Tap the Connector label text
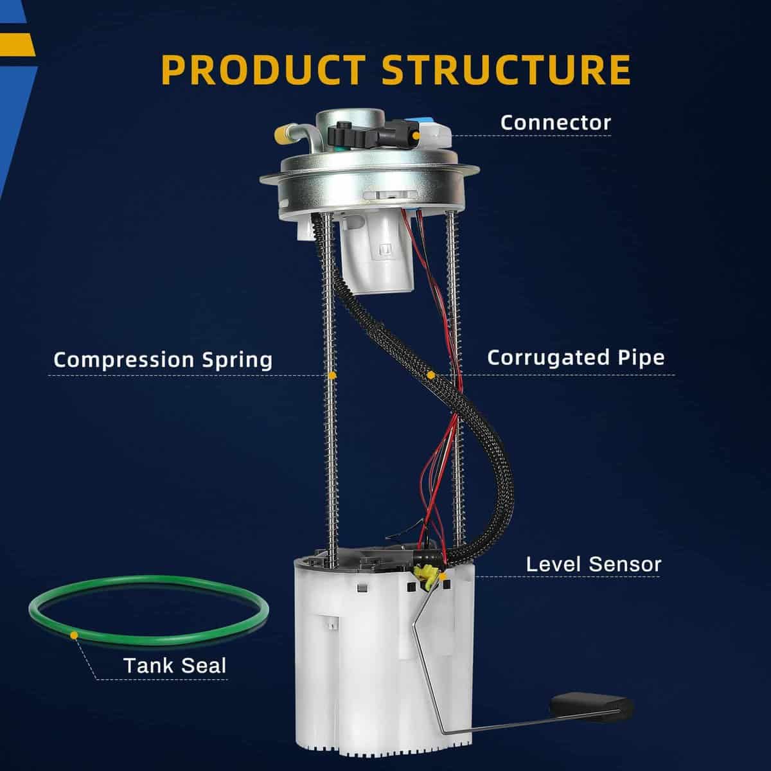[555, 122]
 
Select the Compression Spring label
[163, 359]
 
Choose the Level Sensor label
[593, 564]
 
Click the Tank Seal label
[175, 665]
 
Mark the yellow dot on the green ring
[75, 635]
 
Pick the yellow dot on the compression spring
[332, 375]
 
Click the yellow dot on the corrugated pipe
[431, 374]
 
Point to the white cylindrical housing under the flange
[375, 257]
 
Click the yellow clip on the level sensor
[424, 574]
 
